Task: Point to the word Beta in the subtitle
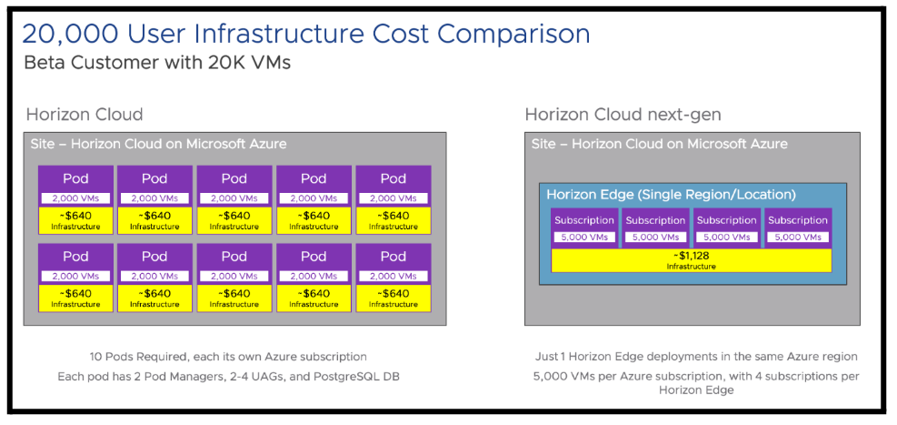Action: point(42,63)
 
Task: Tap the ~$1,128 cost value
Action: point(691,256)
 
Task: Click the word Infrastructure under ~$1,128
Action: point(691,267)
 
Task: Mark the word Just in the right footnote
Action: point(546,357)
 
